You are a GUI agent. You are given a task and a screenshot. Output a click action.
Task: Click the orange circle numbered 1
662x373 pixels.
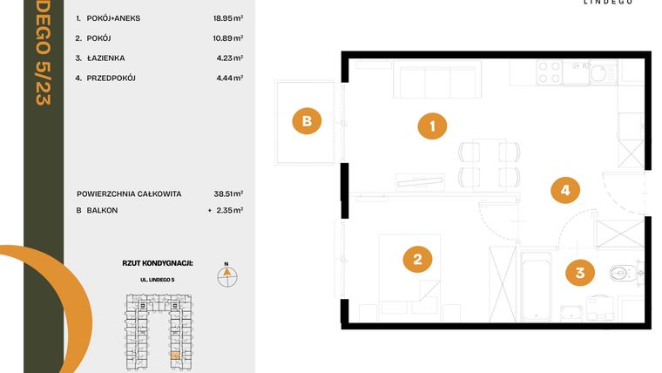[432, 126]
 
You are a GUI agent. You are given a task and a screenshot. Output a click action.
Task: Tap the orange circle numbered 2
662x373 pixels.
[417, 258]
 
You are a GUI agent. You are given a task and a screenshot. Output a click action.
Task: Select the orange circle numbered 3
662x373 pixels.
[580, 273]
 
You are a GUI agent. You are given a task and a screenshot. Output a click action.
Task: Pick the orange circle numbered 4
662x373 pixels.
[564, 189]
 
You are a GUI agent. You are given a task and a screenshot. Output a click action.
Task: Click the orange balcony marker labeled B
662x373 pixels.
[306, 121]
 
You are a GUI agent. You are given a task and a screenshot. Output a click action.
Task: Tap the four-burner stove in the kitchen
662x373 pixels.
[549, 71]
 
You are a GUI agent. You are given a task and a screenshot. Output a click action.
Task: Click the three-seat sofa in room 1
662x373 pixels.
[424, 82]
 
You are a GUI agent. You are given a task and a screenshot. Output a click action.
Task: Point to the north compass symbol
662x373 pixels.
[226, 275]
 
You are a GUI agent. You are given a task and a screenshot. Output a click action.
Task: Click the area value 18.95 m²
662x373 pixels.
[225, 17]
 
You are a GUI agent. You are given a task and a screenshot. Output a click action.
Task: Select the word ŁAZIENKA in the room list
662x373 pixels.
[106, 58]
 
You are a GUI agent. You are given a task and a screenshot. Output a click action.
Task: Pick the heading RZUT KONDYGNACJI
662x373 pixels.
[158, 261]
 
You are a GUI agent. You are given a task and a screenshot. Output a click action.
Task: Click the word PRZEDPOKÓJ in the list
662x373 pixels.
[111, 78]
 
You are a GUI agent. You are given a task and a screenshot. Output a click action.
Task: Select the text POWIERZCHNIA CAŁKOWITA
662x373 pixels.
[129, 193]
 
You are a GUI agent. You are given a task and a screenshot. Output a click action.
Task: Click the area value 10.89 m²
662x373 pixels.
[225, 38]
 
